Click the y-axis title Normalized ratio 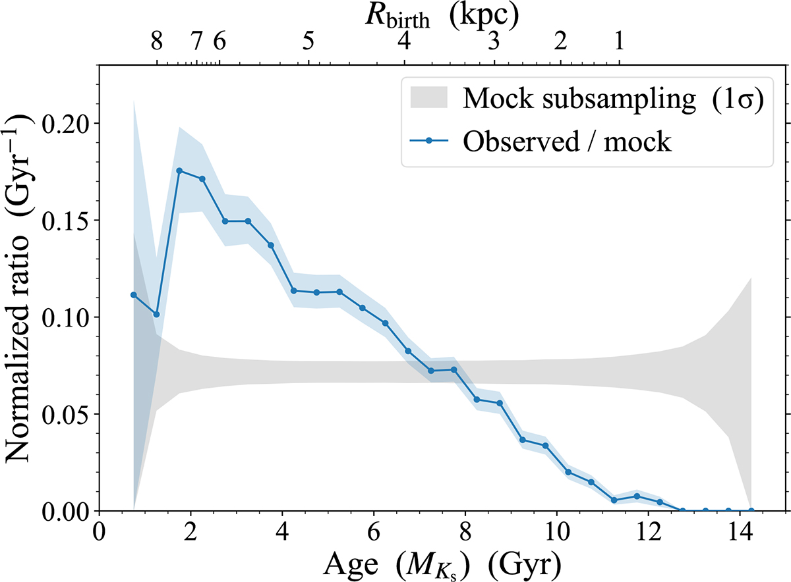click(x=22, y=290)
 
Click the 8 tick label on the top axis click(x=156, y=43)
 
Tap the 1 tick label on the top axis click(x=618, y=43)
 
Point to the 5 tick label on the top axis click(x=308, y=43)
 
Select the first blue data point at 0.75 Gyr click(x=133, y=295)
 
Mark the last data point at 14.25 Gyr click(x=751, y=510)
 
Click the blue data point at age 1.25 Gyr click(x=156, y=314)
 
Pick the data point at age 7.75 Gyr click(x=454, y=369)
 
